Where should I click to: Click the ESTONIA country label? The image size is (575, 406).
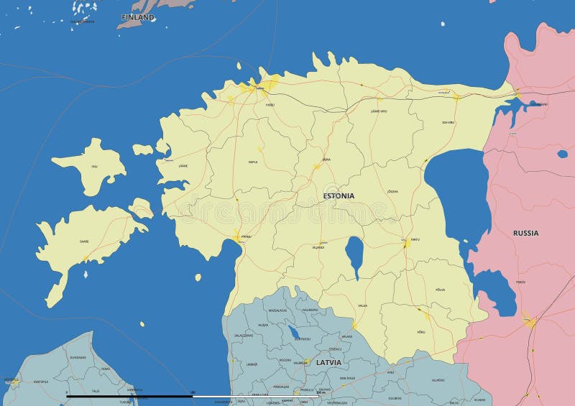pos(338,195)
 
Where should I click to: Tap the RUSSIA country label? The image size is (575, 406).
pos(525,233)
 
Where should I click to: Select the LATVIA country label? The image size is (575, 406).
pos(328,362)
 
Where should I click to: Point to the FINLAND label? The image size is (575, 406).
pos(138,17)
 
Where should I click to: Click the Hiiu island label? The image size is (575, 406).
pos(93,167)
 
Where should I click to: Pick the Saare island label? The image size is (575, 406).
pos(84,242)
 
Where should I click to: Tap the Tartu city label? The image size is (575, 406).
pos(415,239)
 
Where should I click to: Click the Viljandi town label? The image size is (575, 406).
pos(319,247)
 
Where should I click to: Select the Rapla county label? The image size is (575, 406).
pos(253,162)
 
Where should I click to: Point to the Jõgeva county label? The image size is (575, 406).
pos(392,191)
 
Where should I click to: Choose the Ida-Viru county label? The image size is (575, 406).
pos(448,122)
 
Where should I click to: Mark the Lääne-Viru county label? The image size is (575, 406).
pos(379,111)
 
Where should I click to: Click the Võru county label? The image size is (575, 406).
pos(420,332)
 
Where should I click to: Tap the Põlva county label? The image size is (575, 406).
pos(440,289)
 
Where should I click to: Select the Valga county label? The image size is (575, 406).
pos(362,305)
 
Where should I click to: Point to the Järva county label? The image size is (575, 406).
pos(326,160)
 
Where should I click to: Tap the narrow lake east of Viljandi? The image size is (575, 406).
pos(354,255)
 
